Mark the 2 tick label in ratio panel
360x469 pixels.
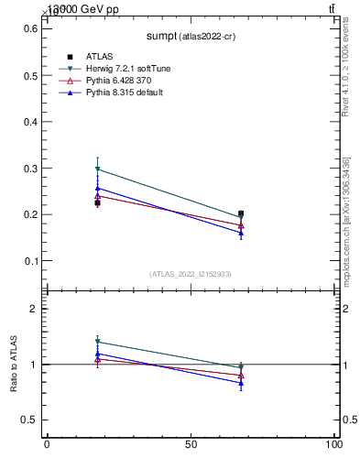point(34,309)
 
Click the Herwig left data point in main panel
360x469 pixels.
point(98,169)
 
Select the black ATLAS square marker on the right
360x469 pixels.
point(241,213)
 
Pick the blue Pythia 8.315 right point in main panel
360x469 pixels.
point(241,233)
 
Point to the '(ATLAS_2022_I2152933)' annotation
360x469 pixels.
point(191,274)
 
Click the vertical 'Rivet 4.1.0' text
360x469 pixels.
point(346,66)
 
